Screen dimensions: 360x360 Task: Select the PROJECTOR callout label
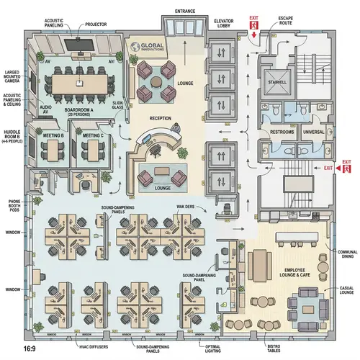click(x=96, y=24)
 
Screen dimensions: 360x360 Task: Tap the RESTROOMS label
click(x=282, y=132)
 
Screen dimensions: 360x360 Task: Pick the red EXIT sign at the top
click(x=253, y=22)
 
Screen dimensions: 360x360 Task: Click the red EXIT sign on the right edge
click(x=347, y=166)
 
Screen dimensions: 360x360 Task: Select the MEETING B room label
click(x=53, y=135)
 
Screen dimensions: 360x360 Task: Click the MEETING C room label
click(x=93, y=135)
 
